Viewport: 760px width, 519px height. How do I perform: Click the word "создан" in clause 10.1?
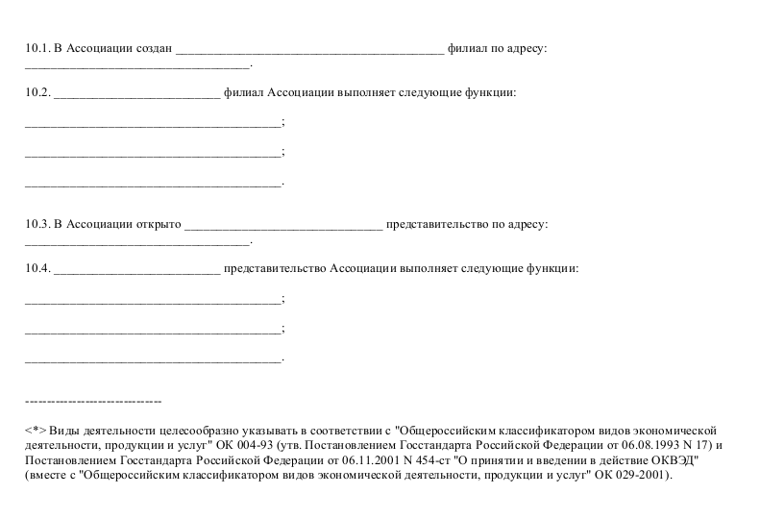point(155,48)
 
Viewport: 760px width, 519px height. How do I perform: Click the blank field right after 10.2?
point(137,94)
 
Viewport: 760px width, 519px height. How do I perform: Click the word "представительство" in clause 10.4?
point(274,268)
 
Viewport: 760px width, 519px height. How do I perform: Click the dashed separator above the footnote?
point(92,400)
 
